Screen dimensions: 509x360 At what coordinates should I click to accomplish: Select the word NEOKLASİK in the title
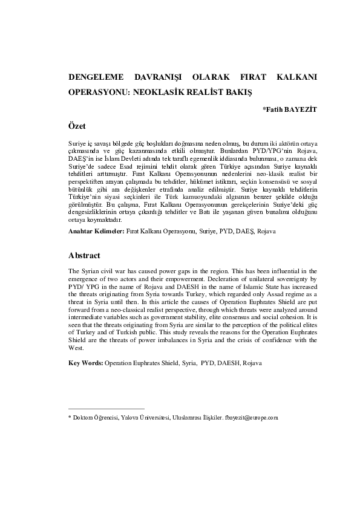(x=160, y=94)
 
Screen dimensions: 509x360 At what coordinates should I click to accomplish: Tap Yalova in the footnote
(x=131, y=417)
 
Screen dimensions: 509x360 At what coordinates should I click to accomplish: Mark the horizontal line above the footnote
(x=106, y=409)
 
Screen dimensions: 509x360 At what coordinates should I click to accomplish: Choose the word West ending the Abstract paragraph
(x=74, y=348)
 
